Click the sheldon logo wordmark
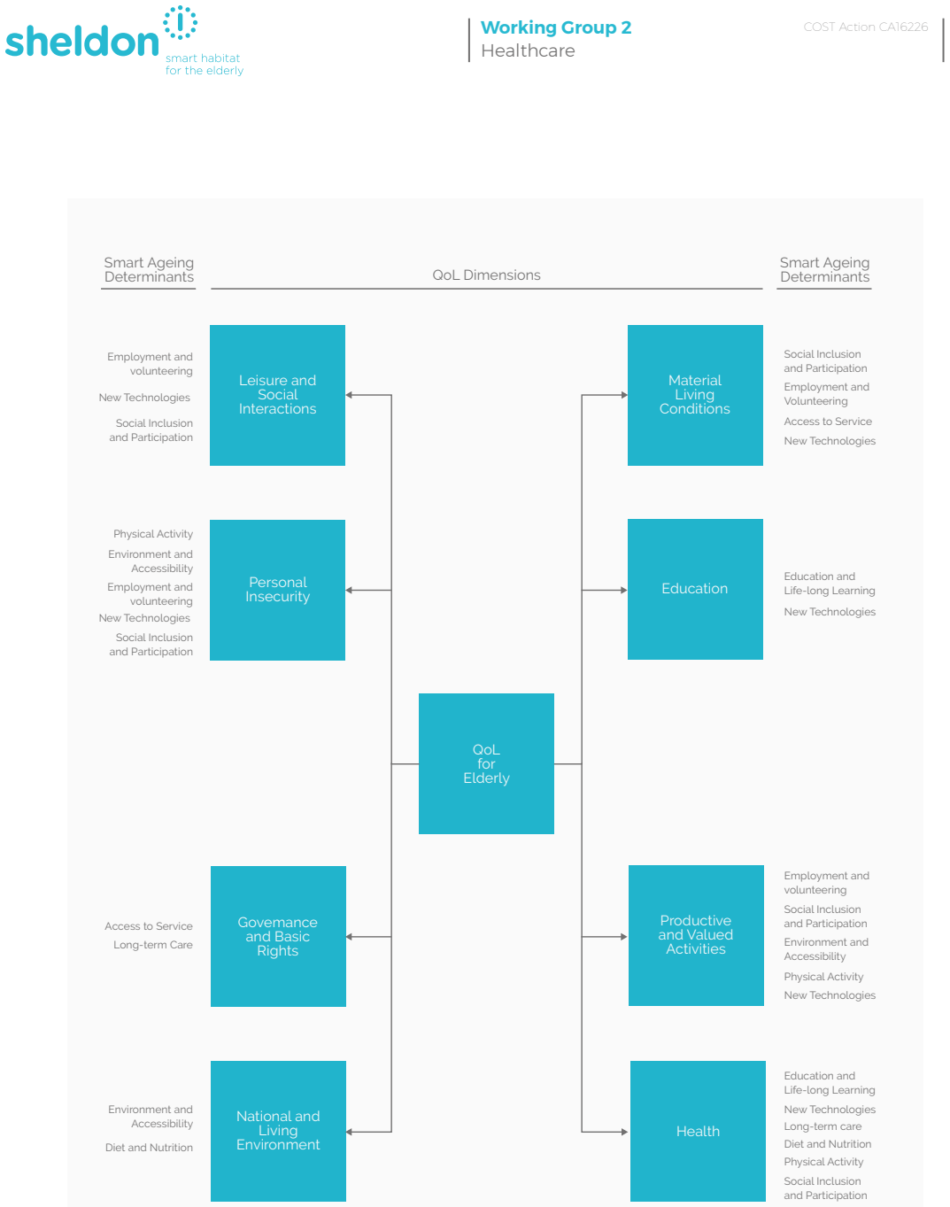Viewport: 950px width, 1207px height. coord(81,42)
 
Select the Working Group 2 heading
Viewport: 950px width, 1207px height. coord(555,27)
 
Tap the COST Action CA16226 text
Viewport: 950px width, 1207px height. coord(865,27)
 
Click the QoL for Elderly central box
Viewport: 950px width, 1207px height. coord(486,762)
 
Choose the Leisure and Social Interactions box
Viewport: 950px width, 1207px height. coord(277,395)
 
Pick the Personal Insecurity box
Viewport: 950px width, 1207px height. coord(277,590)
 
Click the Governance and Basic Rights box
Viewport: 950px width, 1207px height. coord(278,935)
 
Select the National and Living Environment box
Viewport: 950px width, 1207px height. coord(278,1130)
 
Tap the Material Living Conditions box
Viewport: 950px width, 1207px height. coord(695,395)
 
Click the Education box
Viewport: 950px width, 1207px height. coord(695,589)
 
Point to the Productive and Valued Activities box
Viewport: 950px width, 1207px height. coord(695,935)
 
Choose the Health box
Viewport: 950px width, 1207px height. coord(697,1130)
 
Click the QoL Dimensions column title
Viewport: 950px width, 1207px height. coord(486,275)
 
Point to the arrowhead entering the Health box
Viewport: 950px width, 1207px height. coord(625,1131)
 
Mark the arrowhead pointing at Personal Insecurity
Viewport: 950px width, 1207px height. coord(349,590)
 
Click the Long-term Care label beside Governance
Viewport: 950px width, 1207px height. coord(152,945)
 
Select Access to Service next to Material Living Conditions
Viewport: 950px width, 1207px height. coord(827,422)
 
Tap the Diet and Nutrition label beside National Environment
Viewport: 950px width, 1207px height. coord(149,1147)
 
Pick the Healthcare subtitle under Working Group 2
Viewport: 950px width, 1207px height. coord(527,50)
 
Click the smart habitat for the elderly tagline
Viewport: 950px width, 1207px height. coord(205,64)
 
